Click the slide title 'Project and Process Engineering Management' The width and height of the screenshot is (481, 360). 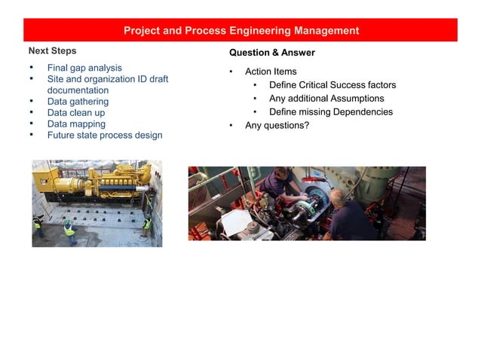(x=240, y=31)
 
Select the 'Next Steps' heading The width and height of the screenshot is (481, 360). (x=52, y=51)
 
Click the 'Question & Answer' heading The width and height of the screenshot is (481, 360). (x=271, y=53)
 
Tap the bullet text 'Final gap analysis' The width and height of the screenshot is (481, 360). (x=84, y=68)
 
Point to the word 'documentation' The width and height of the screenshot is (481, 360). (x=78, y=90)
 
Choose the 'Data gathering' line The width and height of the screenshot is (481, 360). (x=78, y=102)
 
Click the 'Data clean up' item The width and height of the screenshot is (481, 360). (x=76, y=113)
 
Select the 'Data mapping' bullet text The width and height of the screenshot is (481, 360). (x=76, y=124)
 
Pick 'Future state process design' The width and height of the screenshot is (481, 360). (x=105, y=136)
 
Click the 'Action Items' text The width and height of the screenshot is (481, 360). (x=271, y=72)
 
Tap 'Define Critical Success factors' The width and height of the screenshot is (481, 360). (x=332, y=85)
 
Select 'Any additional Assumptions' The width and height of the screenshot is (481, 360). (x=326, y=99)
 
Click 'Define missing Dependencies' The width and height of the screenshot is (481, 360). (x=331, y=112)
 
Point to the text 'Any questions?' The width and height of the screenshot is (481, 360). (x=277, y=126)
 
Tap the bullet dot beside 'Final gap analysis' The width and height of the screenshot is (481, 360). (x=31, y=68)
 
